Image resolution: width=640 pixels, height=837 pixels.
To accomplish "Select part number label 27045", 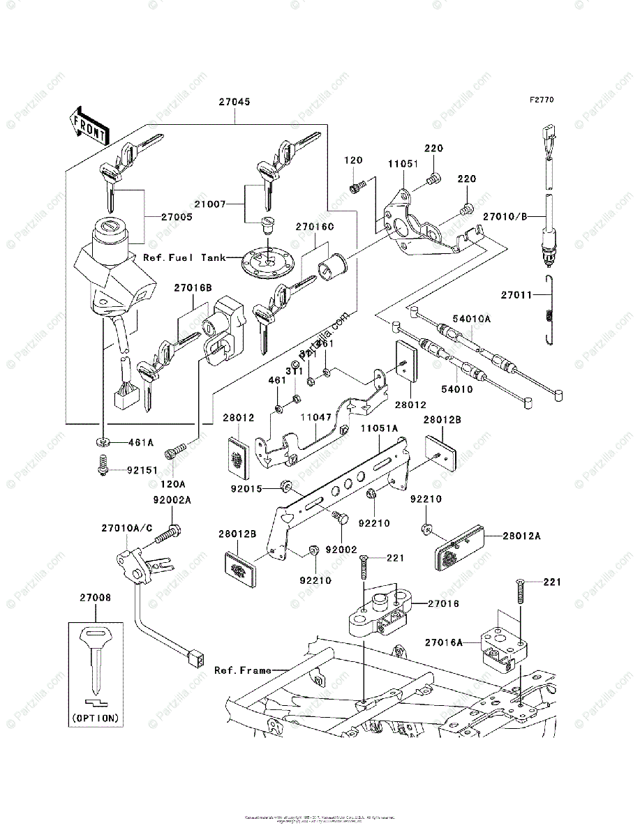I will click(x=235, y=102).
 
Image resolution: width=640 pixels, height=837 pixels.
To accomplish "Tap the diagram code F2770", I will click(x=541, y=100).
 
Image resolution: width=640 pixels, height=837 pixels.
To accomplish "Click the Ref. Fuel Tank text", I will click(x=185, y=257).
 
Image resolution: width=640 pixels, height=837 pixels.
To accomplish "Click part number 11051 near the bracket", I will click(x=403, y=164).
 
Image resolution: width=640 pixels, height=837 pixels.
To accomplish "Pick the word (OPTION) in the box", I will click(x=96, y=717).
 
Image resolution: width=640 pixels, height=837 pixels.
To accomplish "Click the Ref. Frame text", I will click(x=242, y=670).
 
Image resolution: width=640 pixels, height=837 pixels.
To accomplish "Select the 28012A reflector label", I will click(x=523, y=536).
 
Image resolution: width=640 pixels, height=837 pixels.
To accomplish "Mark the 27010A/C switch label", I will click(x=128, y=528).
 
